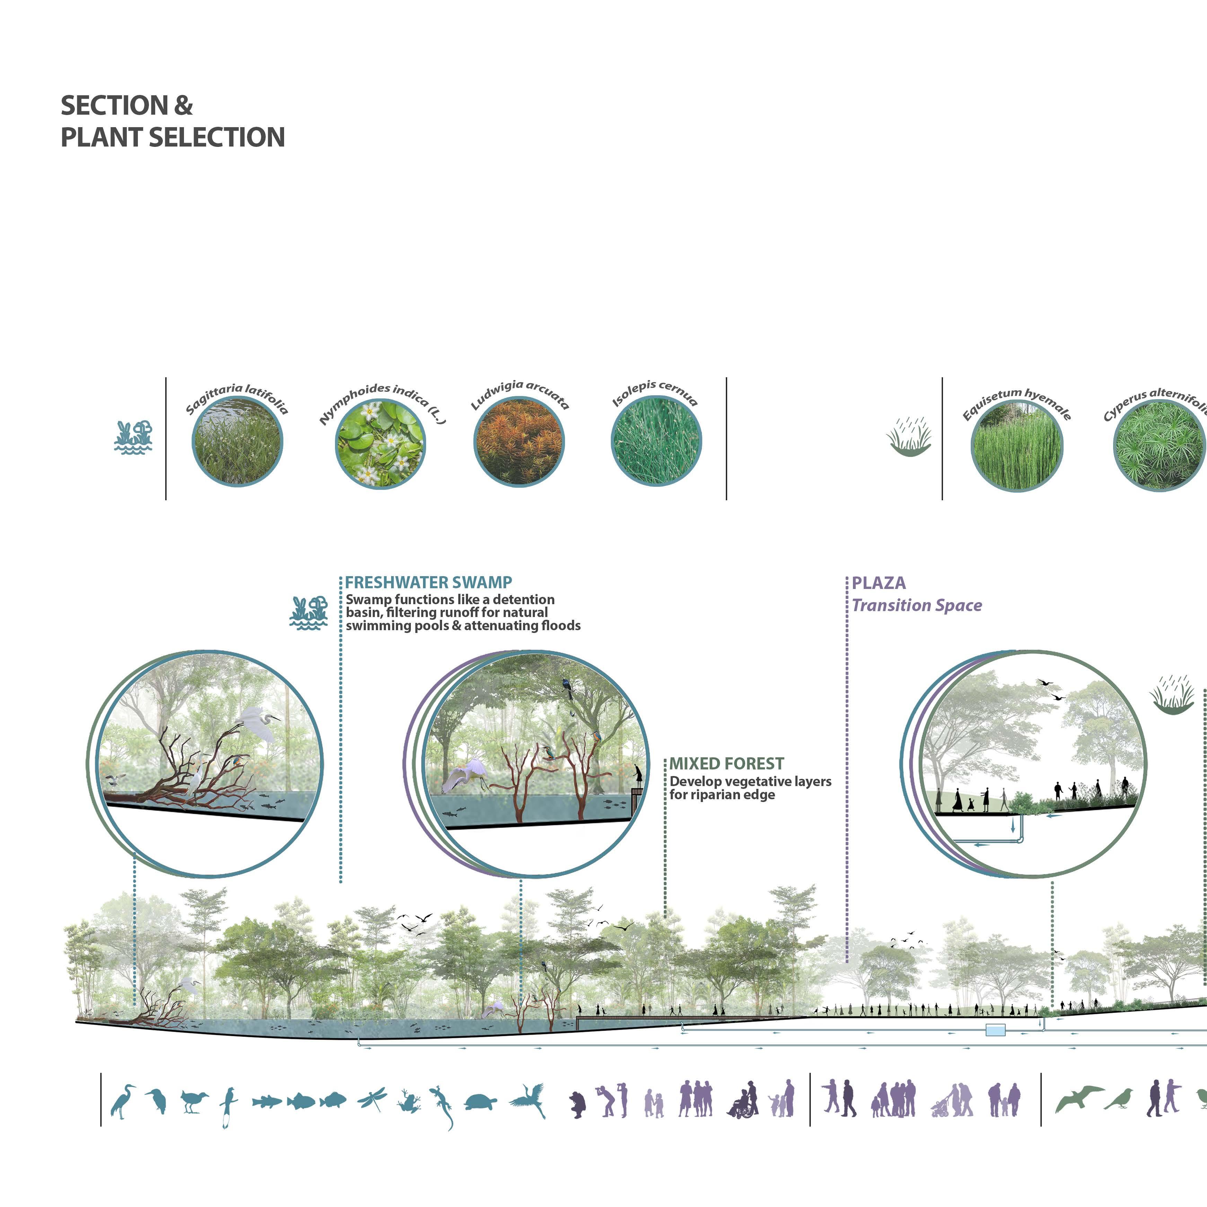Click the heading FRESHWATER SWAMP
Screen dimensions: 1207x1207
429,583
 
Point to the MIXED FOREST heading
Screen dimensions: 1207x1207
726,764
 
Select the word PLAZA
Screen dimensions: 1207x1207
878,583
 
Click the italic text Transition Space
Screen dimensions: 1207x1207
916,605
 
